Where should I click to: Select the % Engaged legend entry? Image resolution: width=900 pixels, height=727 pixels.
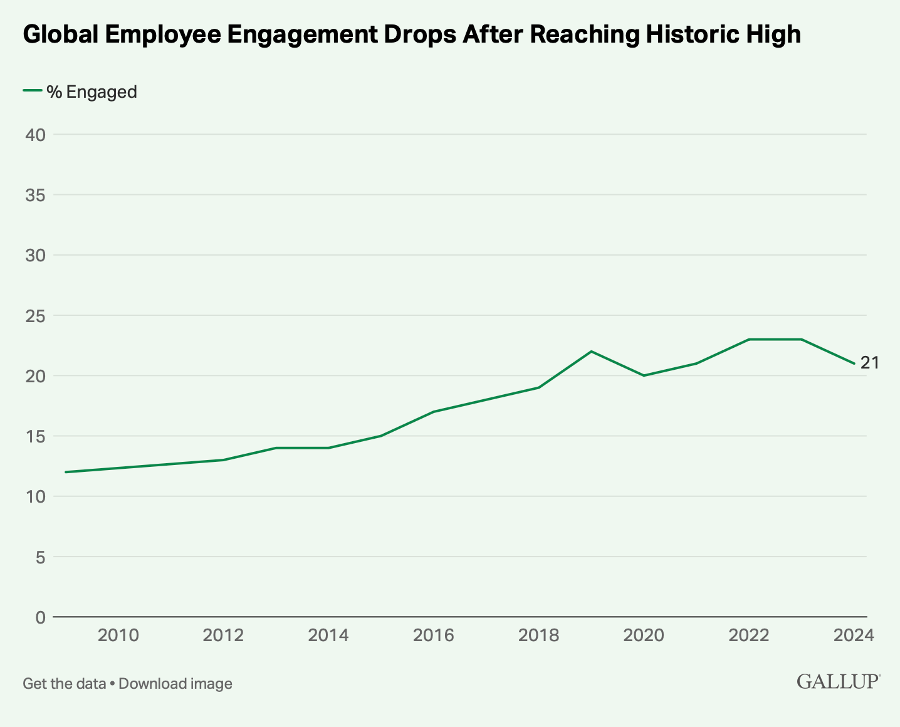pyautogui.click(x=80, y=92)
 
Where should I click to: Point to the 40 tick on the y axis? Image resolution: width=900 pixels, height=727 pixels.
pyautogui.click(x=36, y=134)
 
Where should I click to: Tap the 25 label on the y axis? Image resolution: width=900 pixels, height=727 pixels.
pyautogui.click(x=36, y=315)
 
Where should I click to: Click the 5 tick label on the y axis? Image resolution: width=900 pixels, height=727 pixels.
pyautogui.click(x=40, y=557)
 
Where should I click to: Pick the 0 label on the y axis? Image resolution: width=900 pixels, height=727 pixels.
pyautogui.click(x=40, y=617)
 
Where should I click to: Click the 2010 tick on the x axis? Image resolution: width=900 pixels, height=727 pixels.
pyautogui.click(x=118, y=635)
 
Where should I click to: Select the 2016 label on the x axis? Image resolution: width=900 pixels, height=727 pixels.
pyautogui.click(x=434, y=635)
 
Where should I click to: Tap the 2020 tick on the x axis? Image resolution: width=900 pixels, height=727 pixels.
pyautogui.click(x=644, y=635)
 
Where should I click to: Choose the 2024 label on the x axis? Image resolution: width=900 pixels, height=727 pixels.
pyautogui.click(x=854, y=635)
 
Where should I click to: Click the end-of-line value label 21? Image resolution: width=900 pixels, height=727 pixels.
pyautogui.click(x=869, y=363)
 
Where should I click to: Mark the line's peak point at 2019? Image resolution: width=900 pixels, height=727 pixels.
pyautogui.click(x=591, y=351)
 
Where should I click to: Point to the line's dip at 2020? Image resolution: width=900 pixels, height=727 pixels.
pyautogui.click(x=644, y=375)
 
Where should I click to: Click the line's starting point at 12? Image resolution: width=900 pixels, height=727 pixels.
pyautogui.click(x=66, y=472)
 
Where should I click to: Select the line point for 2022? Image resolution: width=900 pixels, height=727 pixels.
pyautogui.click(x=749, y=339)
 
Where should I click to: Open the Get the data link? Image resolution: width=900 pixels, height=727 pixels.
pyautogui.click(x=64, y=684)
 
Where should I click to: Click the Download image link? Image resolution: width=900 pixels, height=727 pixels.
pyautogui.click(x=175, y=684)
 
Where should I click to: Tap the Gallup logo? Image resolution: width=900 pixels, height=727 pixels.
pyautogui.click(x=839, y=682)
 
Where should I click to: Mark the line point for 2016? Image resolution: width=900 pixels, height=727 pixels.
pyautogui.click(x=434, y=412)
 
